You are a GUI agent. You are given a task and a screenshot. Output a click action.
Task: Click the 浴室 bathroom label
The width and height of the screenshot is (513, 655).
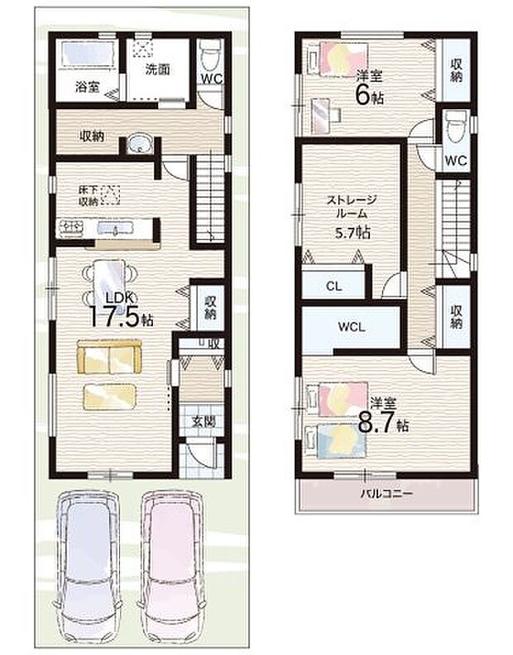click(87, 86)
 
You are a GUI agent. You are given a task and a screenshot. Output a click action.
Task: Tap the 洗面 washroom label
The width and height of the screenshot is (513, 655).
click(159, 70)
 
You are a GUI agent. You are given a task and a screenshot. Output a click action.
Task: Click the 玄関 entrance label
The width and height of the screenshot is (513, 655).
click(204, 421)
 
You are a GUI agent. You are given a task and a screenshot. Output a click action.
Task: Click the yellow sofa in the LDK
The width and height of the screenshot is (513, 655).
click(108, 358)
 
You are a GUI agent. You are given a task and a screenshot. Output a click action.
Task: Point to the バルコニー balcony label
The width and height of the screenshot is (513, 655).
click(386, 494)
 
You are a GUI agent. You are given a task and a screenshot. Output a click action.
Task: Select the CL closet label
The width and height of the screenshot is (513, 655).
click(333, 287)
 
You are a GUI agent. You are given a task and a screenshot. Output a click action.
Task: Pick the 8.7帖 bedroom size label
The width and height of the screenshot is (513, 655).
click(383, 418)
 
